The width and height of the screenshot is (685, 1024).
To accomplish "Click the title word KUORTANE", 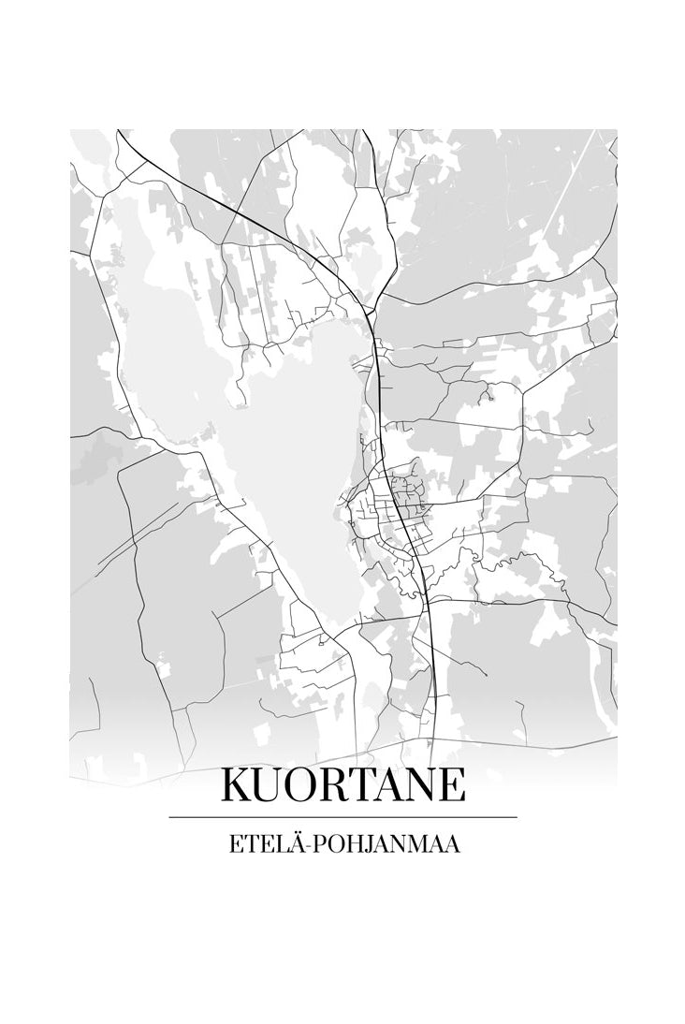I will click(342, 785).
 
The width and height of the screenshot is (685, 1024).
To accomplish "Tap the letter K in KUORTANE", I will click(236, 785).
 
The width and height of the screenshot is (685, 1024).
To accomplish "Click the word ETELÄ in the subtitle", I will click(263, 844).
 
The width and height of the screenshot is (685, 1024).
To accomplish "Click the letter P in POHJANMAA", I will click(314, 844).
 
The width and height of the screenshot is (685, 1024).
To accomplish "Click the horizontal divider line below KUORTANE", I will click(342, 817).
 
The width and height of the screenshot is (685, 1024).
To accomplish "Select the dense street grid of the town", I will click(398, 510).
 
